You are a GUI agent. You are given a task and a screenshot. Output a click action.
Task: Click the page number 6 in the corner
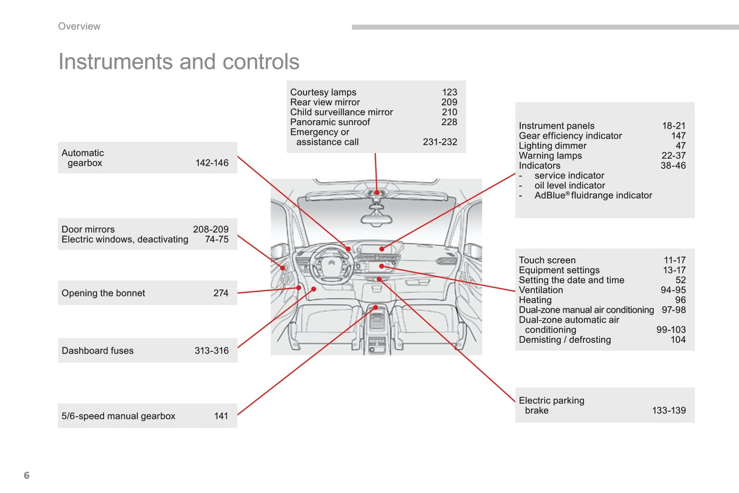(27, 475)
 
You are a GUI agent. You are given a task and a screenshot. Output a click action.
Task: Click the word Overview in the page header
(79, 27)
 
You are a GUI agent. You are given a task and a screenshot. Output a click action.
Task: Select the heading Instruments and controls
(178, 62)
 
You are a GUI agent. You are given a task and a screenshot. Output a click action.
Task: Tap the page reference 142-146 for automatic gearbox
(212, 163)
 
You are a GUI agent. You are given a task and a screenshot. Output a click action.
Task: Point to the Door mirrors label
(88, 229)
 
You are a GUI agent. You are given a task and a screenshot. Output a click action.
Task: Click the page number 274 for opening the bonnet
(221, 293)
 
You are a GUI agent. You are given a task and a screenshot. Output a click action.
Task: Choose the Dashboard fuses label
(98, 351)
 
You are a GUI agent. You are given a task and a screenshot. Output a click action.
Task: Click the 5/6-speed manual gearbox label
(118, 416)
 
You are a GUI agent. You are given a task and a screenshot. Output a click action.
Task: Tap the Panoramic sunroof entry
(330, 122)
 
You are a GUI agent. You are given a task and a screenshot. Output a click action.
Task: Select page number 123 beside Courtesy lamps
(450, 92)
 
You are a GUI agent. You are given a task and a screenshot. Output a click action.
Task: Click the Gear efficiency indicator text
(570, 136)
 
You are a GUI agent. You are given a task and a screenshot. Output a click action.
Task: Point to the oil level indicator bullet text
(569, 186)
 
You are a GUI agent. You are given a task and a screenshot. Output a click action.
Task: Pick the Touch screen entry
(547, 260)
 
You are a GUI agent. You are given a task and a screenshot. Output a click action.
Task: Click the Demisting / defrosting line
(565, 340)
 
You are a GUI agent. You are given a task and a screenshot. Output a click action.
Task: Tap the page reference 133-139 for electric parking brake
(668, 411)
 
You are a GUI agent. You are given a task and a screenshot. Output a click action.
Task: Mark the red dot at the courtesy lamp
(377, 193)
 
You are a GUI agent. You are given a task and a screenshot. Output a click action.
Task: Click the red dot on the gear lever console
(375, 307)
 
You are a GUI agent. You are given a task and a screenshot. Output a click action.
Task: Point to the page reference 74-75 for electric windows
(217, 239)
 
